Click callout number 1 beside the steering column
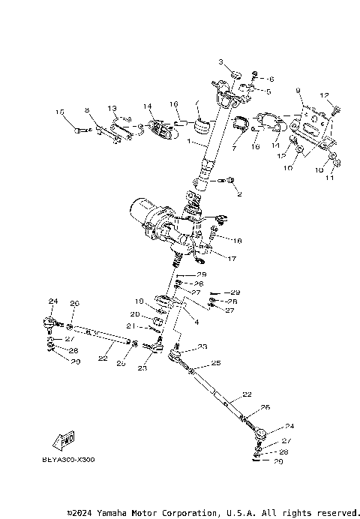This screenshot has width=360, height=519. pos(190,142)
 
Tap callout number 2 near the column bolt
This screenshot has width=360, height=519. pos(240,193)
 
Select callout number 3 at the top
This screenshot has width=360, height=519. pos(221,61)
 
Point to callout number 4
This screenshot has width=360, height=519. pos(196,322)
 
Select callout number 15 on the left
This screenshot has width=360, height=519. pos(59,112)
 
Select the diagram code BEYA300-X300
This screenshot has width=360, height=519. pos(63,460)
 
